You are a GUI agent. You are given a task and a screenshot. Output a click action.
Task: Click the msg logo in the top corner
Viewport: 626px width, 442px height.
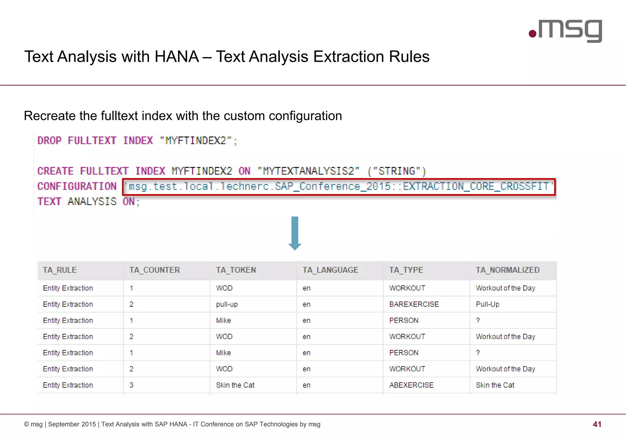(565, 31)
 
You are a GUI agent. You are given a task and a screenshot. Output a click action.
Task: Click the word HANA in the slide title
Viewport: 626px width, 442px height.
(177, 57)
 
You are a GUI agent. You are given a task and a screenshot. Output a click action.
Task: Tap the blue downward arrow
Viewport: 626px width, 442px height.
(295, 233)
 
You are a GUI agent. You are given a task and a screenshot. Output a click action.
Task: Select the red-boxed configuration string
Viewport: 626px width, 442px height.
(339, 187)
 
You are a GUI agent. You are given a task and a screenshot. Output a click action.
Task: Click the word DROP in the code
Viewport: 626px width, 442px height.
(49, 141)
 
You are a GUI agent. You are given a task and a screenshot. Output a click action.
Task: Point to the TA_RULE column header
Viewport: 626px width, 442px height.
(60, 270)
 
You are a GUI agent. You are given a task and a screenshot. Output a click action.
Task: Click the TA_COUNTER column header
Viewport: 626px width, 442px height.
(154, 270)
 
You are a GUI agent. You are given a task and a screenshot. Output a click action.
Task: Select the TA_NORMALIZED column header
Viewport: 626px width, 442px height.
(507, 270)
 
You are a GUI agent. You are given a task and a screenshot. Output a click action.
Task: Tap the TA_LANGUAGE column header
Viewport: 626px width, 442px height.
(330, 270)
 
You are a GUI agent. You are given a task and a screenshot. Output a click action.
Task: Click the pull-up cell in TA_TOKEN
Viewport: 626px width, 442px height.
(227, 304)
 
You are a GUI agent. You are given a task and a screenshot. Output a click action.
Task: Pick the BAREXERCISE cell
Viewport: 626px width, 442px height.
(414, 304)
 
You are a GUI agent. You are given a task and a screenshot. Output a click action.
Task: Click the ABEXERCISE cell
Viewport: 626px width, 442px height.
(411, 385)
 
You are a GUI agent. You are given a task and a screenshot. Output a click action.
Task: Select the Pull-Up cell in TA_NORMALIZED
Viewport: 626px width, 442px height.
(488, 304)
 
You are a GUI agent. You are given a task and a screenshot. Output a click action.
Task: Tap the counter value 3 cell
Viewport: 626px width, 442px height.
(131, 385)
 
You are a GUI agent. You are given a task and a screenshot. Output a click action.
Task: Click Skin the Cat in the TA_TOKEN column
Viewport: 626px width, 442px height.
(235, 385)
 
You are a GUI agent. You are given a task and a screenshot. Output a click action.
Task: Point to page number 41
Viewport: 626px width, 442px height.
(597, 424)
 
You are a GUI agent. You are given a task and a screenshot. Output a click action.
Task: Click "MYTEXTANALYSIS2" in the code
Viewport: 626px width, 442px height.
(308, 171)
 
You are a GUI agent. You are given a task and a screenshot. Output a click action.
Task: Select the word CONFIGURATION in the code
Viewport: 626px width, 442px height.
(77, 186)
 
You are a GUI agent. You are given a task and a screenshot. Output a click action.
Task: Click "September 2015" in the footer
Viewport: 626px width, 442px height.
(72, 424)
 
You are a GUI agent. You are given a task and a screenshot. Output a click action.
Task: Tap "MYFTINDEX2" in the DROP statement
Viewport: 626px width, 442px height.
(196, 141)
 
